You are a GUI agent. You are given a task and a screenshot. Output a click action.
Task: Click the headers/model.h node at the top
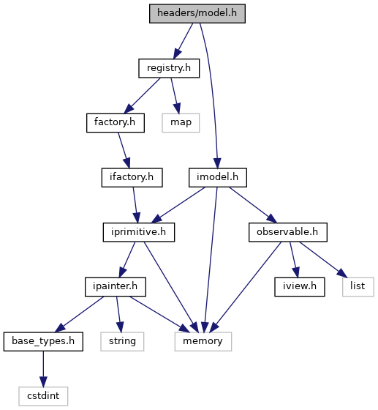pyautogui.click(x=197, y=13)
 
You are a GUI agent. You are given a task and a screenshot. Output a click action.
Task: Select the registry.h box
pyautogui.click(x=169, y=68)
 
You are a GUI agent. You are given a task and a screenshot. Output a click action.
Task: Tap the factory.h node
pyautogui.click(x=116, y=123)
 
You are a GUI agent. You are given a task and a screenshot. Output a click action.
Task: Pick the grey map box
pyautogui.click(x=181, y=123)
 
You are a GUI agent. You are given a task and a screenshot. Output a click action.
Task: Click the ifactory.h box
pyautogui.click(x=132, y=177)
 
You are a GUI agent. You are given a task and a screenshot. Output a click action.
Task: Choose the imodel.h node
pyautogui.click(x=218, y=177)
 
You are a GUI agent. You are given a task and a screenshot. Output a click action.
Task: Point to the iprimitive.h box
pyautogui.click(x=139, y=232)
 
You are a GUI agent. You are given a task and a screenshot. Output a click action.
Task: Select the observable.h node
pyautogui.click(x=287, y=232)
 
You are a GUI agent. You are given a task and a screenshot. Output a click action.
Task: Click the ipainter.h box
pyautogui.click(x=116, y=286)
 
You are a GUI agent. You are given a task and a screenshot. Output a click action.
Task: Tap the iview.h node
pyautogui.click(x=300, y=286)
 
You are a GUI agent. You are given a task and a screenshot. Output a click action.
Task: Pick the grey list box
pyautogui.click(x=358, y=286)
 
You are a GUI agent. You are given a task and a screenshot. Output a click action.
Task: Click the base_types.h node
pyautogui.click(x=43, y=341)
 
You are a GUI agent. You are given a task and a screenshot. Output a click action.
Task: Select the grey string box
pyautogui.click(x=122, y=341)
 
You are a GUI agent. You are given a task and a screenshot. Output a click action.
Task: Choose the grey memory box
pyautogui.click(x=203, y=341)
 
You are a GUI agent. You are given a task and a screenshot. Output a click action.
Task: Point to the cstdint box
pyautogui.click(x=43, y=396)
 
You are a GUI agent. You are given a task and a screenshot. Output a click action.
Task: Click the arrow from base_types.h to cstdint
pyautogui.click(x=43, y=369)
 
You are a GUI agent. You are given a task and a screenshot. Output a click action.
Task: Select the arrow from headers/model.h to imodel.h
pyautogui.click(x=213, y=94)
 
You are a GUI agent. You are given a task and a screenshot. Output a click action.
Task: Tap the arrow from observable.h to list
pyautogui.click(x=324, y=259)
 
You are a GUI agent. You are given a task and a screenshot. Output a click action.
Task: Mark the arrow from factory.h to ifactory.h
pyautogui.click(x=124, y=150)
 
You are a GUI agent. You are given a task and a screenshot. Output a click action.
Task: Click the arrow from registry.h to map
pyautogui.click(x=175, y=96)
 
